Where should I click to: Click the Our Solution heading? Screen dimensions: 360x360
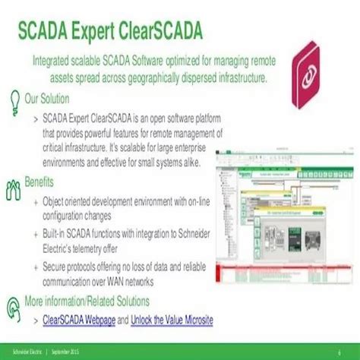point(47,99)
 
